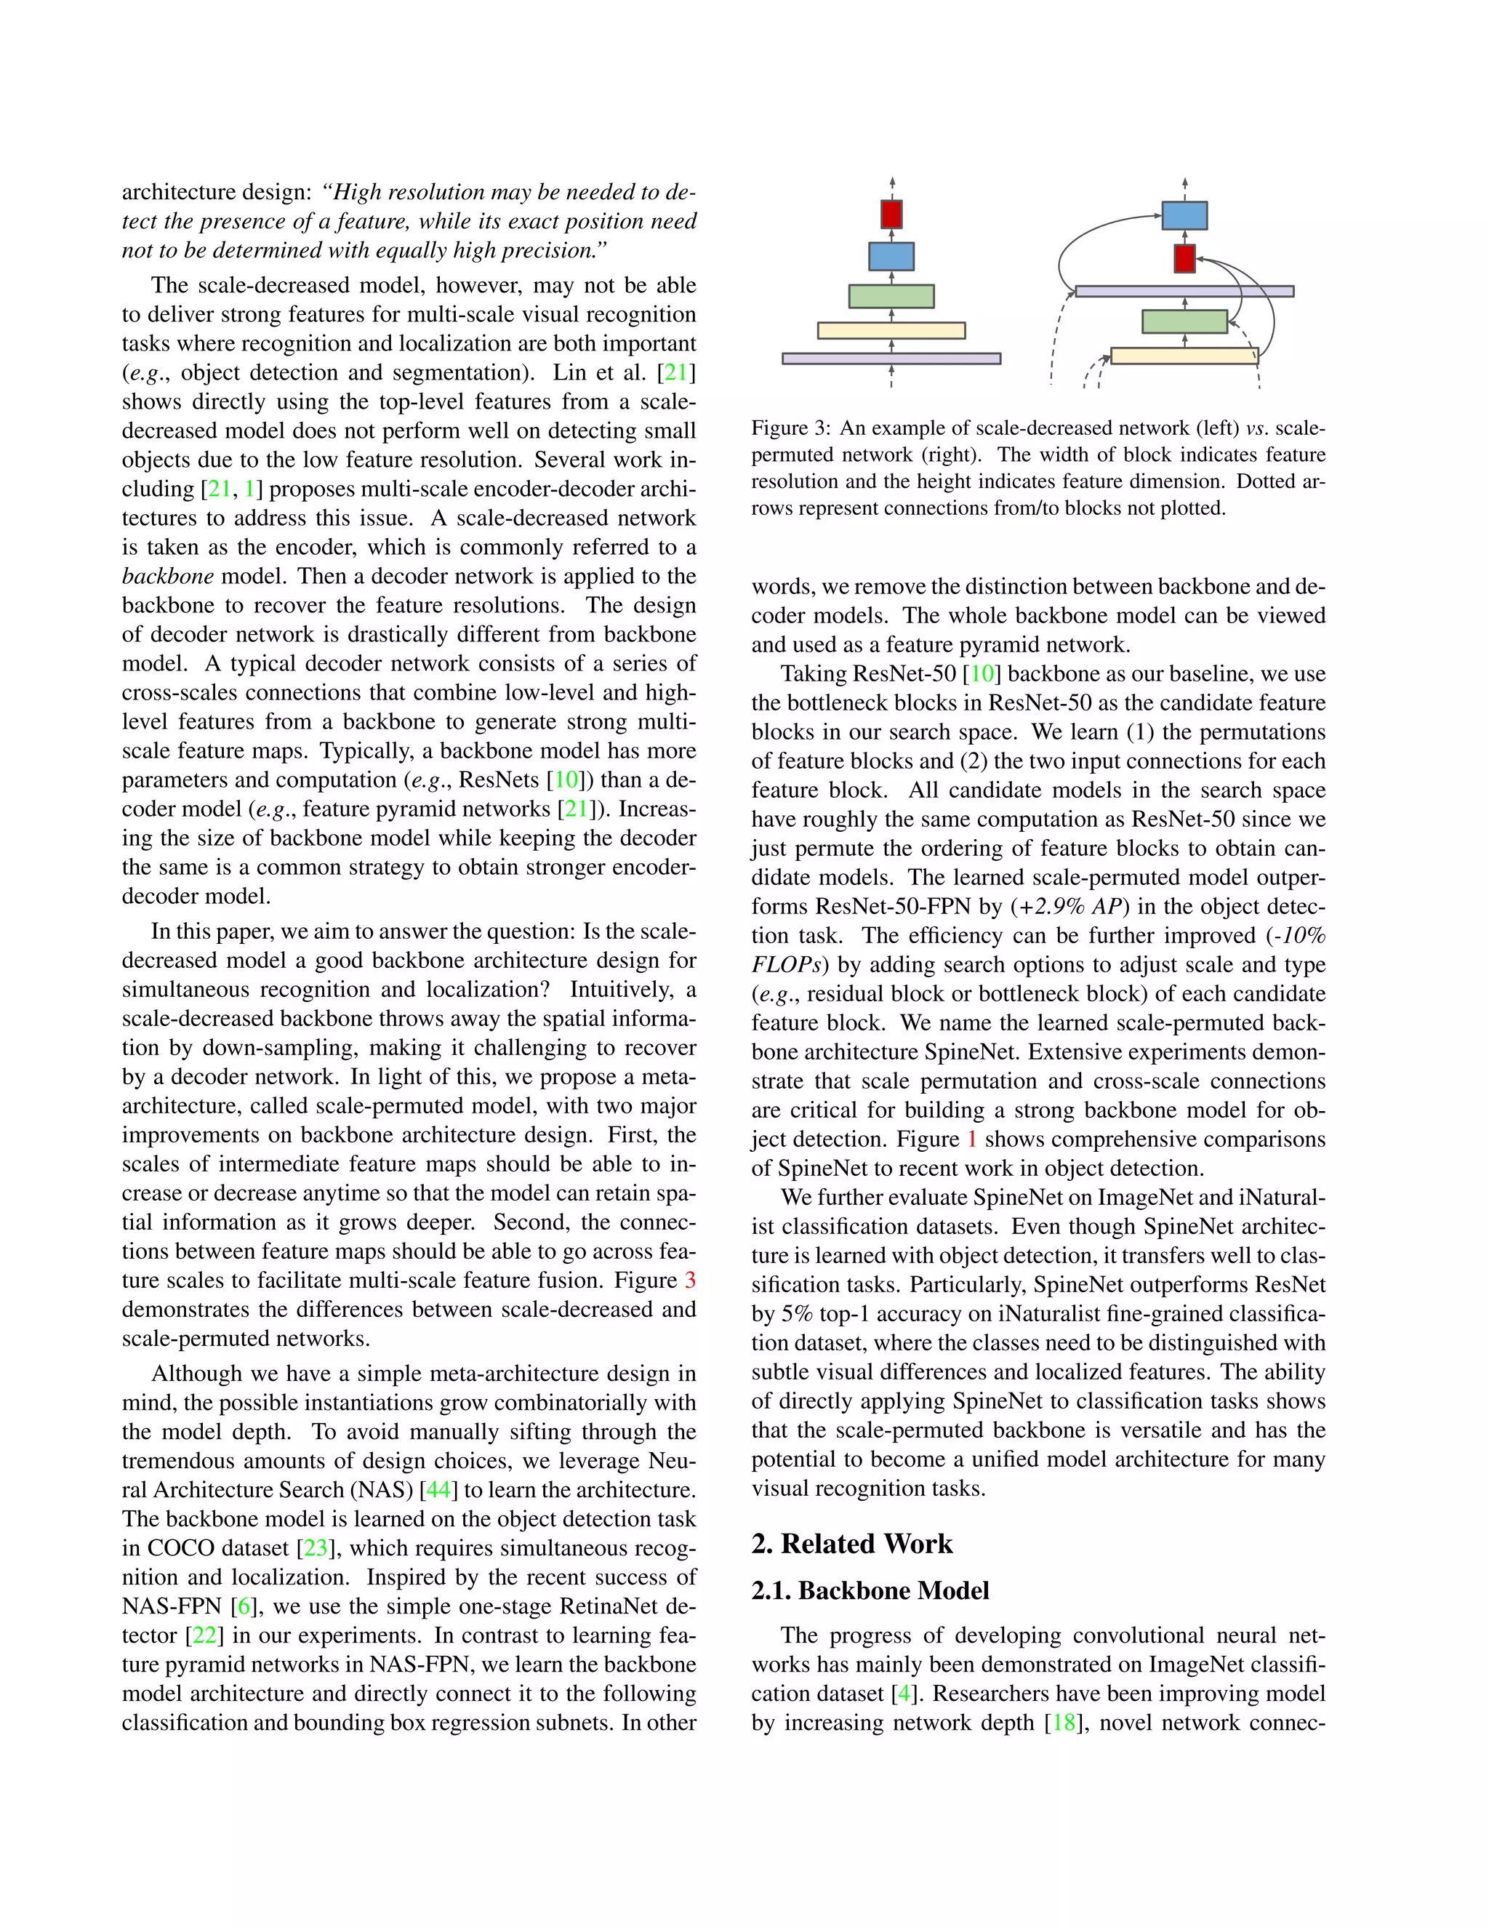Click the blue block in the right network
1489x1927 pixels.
tap(1184, 215)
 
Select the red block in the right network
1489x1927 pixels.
tap(1184, 259)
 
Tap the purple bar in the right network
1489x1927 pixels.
tap(1184, 291)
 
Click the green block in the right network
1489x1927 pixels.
tap(1184, 322)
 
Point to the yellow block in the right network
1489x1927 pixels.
tap(1184, 356)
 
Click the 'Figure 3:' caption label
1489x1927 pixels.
tap(790, 429)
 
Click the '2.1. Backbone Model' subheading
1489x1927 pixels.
tap(870, 1591)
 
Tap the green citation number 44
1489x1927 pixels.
tap(438, 1490)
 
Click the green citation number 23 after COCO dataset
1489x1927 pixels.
tap(316, 1548)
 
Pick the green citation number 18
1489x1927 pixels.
tap(1064, 1723)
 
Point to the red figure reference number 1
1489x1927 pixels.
tap(972, 1140)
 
